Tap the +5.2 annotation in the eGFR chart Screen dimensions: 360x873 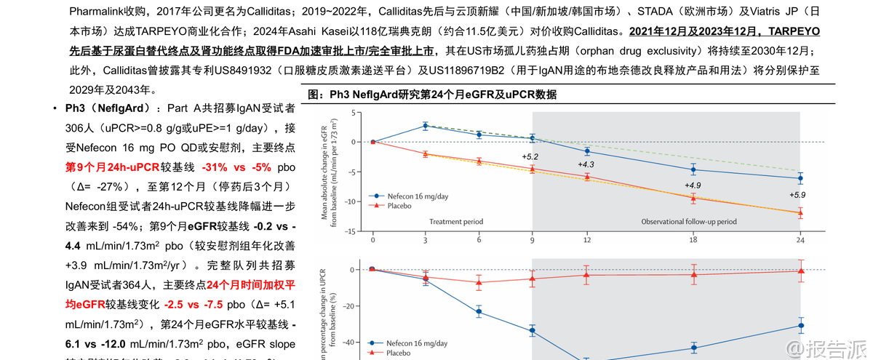point(530,157)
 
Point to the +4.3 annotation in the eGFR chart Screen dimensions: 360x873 point(586,164)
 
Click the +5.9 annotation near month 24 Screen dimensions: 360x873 point(797,195)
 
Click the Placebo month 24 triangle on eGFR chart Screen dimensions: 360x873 point(800,212)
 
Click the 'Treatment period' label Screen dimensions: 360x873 point(456,221)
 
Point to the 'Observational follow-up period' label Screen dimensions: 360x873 point(688,221)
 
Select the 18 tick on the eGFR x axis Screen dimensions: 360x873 point(693,239)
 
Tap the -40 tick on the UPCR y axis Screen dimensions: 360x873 point(347,342)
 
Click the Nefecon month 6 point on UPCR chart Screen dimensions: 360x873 point(479,312)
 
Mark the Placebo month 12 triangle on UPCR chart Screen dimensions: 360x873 point(586,274)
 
